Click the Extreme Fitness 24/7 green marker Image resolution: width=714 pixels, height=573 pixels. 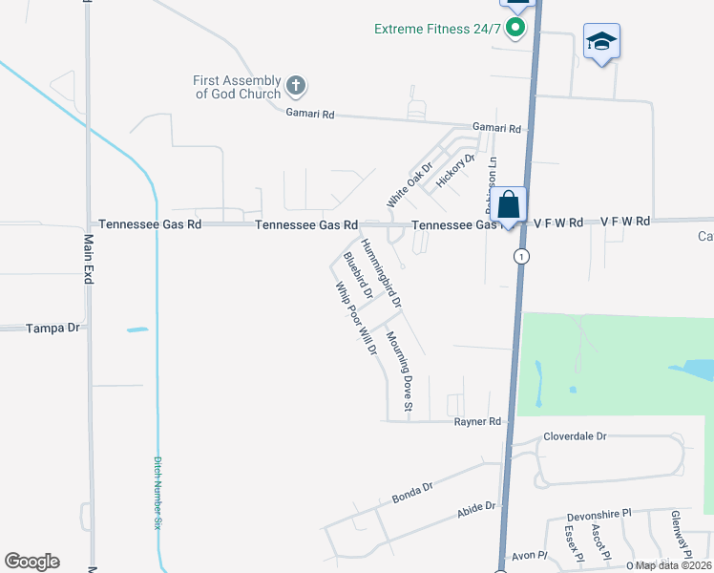pos(515,28)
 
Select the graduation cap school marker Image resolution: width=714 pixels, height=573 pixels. pos(601,42)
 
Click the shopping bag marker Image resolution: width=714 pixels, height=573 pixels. pos(510,204)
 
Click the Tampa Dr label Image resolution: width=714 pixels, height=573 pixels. pos(53,328)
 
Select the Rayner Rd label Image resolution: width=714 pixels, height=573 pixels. pos(477,421)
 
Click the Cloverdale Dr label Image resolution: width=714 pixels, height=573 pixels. pos(575,436)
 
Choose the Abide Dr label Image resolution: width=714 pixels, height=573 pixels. pos(477,509)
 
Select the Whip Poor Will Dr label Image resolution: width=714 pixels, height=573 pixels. pos(357,318)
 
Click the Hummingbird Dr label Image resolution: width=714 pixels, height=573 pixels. pos(382,273)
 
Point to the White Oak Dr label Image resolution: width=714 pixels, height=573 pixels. pos(409,185)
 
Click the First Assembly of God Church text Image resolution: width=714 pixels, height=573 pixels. pos(237,87)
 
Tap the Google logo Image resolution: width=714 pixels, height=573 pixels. pos(31,562)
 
